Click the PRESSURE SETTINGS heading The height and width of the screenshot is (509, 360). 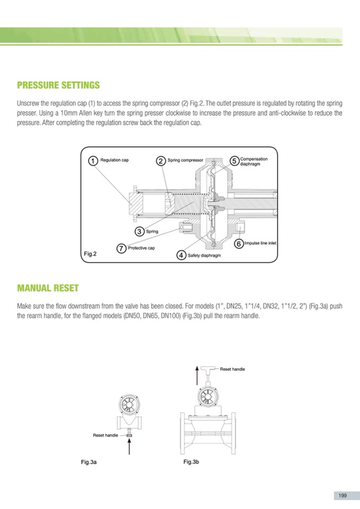pos(58,85)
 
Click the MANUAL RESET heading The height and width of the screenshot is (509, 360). pos(48,288)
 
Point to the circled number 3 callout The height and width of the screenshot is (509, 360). pos(139,231)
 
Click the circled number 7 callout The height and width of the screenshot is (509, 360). pos(122,248)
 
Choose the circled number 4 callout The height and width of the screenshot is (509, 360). pos(181,255)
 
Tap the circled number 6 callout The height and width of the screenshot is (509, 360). pos(238,243)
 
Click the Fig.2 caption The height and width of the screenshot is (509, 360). pos(90,254)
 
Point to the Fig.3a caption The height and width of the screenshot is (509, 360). pos(88,462)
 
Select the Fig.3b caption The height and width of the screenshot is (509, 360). pos(191,462)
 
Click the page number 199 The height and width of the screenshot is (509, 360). pos(342,495)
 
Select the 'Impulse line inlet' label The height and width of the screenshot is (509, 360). pos(261,243)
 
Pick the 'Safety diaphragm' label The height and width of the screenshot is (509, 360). pos(204,256)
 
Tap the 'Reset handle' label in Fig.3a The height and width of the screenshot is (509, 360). pos(106,435)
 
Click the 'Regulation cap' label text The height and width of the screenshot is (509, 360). pos(115,159)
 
